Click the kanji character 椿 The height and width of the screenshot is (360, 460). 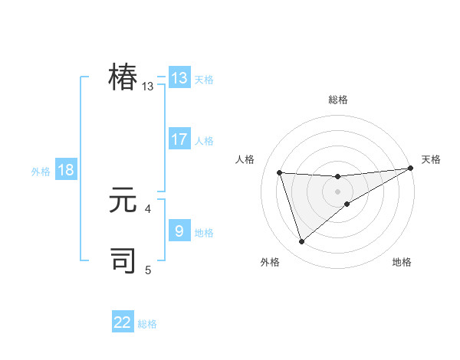pyautogui.click(x=123, y=78)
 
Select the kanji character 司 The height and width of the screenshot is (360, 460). pyautogui.click(x=123, y=260)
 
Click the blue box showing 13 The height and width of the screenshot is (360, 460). pyautogui.click(x=179, y=78)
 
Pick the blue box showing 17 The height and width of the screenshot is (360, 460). pyautogui.click(x=179, y=139)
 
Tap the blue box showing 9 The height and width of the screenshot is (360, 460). pyautogui.click(x=179, y=231)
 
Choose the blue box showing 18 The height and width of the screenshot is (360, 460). pyautogui.click(x=66, y=170)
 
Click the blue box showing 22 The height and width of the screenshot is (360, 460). pyautogui.click(x=123, y=322)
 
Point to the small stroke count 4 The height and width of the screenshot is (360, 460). pyautogui.click(x=148, y=208)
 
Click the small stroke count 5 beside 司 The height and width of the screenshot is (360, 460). pyautogui.click(x=148, y=270)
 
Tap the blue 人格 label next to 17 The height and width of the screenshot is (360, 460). pyautogui.click(x=204, y=141)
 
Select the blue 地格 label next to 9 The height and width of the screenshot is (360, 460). pyautogui.click(x=204, y=232)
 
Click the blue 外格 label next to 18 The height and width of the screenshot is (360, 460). pyautogui.click(x=41, y=172)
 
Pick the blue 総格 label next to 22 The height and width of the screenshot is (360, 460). pyautogui.click(x=147, y=324)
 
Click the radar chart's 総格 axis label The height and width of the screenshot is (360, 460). pyautogui.click(x=337, y=100)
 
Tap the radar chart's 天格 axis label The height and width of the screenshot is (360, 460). pyautogui.click(x=431, y=159)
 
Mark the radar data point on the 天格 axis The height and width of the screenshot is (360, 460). pyautogui.click(x=410, y=169)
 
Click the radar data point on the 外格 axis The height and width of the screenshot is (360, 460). pyautogui.click(x=301, y=242)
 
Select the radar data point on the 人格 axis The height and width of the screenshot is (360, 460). pyautogui.click(x=280, y=172)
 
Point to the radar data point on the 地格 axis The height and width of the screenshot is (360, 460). pyautogui.click(x=347, y=204)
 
